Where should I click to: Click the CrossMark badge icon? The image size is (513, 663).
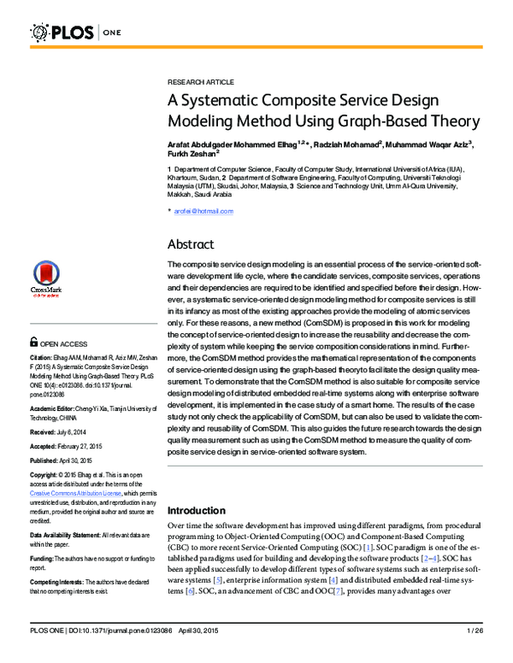(46, 278)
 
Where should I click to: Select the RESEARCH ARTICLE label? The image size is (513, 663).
(200, 81)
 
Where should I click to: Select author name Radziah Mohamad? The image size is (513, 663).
(339, 145)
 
